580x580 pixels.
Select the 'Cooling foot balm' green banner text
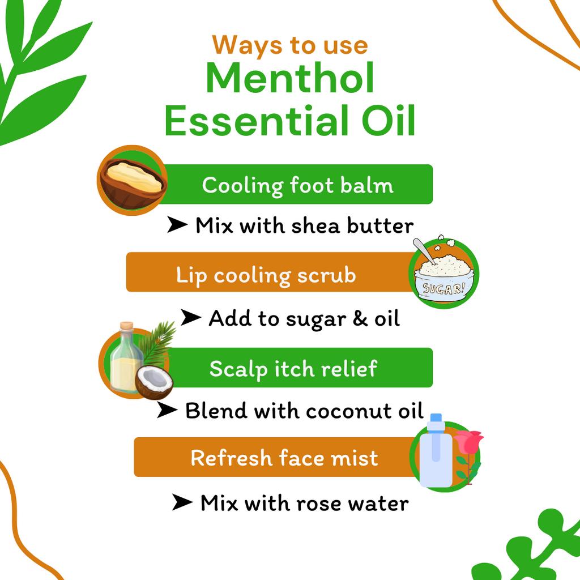tap(297, 185)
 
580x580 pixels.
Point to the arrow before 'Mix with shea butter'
tap(177, 225)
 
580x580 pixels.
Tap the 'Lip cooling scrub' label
tap(266, 275)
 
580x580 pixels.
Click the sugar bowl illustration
tap(443, 275)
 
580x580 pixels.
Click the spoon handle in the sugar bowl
tap(422, 249)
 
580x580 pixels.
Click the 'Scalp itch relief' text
tap(293, 369)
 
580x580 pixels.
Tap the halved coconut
tap(154, 382)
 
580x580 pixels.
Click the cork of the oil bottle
tap(126, 327)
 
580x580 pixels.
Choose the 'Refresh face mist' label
tap(284, 458)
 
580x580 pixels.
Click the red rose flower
tap(468, 442)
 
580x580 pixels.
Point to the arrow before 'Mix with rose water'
tap(182, 502)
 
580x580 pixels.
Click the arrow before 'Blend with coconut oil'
tap(167, 410)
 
